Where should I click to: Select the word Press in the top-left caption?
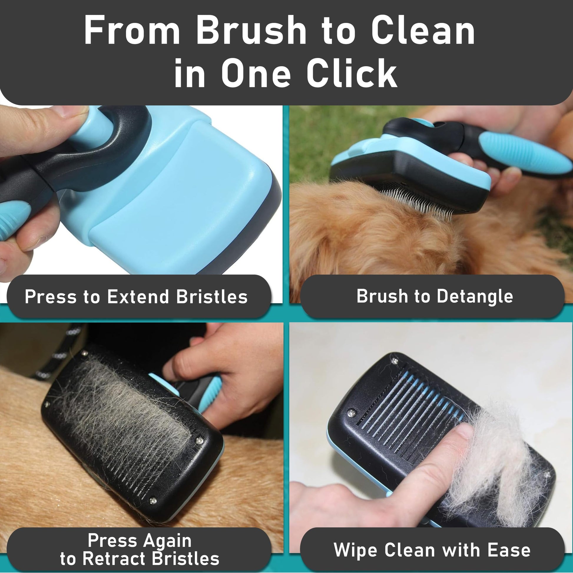coord(50,296)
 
